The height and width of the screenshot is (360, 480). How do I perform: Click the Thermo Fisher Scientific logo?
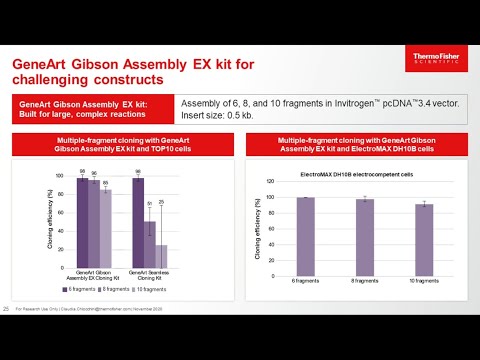click(441, 66)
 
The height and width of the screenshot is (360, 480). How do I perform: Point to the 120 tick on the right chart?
click(268, 181)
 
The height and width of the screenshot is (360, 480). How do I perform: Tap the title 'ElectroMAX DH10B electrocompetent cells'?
click(357, 173)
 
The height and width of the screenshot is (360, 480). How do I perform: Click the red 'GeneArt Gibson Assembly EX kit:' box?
click(90, 108)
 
